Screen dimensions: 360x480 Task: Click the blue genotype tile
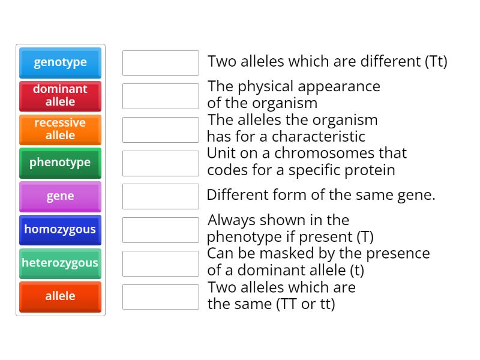click(60, 62)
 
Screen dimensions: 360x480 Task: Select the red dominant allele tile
click(60, 95)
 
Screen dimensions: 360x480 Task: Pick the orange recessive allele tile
click(60, 129)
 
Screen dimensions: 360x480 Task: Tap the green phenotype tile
click(60, 163)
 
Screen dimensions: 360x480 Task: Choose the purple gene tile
click(60, 196)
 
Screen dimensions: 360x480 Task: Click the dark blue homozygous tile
click(60, 230)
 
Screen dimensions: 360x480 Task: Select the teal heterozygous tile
click(60, 263)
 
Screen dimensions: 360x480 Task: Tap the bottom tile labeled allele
click(60, 297)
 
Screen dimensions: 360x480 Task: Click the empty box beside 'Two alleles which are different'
click(160, 63)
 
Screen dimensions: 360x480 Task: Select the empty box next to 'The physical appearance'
click(160, 96)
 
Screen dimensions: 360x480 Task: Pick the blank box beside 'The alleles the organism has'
click(160, 130)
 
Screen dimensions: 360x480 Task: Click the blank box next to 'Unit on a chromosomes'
click(160, 163)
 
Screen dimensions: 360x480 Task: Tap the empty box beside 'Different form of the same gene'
click(160, 196)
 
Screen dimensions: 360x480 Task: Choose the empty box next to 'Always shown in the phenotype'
click(160, 230)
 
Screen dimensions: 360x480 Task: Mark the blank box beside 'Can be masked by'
click(160, 263)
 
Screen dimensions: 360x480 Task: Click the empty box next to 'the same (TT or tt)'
click(160, 297)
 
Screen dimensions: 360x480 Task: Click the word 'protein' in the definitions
click(371, 170)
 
